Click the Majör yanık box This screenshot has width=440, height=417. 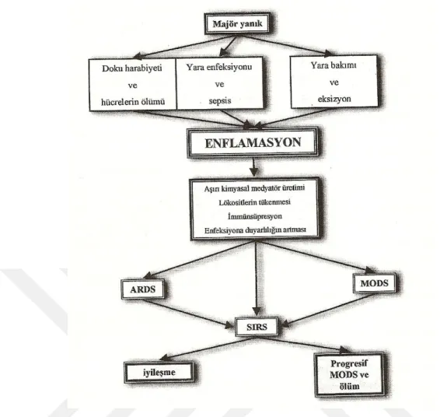(x=237, y=23)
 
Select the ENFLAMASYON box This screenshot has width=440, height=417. (x=253, y=142)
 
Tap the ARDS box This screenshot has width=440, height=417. (x=143, y=289)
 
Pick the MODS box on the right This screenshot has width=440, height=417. (x=375, y=283)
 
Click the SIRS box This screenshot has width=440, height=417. (x=257, y=327)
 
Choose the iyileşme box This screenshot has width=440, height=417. (x=159, y=373)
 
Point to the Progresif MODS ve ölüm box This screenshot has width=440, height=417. (x=349, y=375)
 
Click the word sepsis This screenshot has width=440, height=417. (x=220, y=101)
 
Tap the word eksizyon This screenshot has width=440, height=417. (x=334, y=99)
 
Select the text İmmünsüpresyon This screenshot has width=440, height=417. (x=255, y=216)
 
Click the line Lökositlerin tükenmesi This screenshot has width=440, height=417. (x=255, y=202)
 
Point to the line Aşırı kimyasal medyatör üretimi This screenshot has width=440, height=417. (x=254, y=188)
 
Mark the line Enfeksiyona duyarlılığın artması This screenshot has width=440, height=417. (x=255, y=230)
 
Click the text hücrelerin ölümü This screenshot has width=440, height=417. (x=133, y=102)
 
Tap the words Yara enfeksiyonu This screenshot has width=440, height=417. (x=219, y=67)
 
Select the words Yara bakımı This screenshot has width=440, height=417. (x=333, y=65)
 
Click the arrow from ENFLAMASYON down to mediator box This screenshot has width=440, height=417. (x=254, y=166)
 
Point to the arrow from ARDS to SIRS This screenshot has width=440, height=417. (x=188, y=314)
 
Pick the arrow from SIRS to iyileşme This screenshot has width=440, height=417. (x=208, y=348)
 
